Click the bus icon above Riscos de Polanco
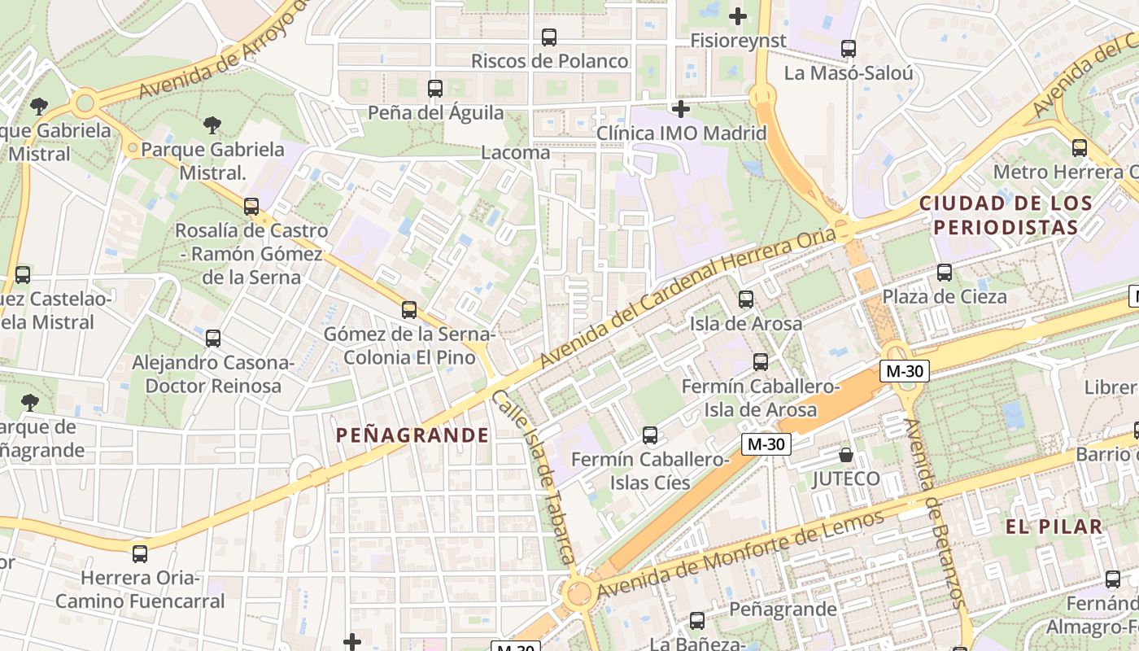(x=549, y=37)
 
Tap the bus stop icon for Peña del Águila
(x=435, y=89)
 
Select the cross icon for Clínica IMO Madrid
(x=681, y=108)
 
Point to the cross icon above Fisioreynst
(x=738, y=15)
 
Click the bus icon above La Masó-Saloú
(x=849, y=49)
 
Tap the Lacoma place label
(x=516, y=152)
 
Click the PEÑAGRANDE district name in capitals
(x=412, y=435)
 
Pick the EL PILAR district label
(x=1054, y=526)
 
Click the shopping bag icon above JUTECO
(x=846, y=454)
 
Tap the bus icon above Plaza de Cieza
(x=945, y=273)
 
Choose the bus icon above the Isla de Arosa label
(x=745, y=299)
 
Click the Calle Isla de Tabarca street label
(x=534, y=477)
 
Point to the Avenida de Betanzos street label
(x=932, y=513)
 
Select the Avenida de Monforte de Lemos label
(x=740, y=558)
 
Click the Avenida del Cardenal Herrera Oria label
(x=687, y=298)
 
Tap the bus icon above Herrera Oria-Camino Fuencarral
(x=140, y=554)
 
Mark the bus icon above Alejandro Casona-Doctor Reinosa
(x=213, y=339)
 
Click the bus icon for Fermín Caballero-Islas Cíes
(x=649, y=435)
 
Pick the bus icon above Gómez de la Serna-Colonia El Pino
(x=409, y=310)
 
